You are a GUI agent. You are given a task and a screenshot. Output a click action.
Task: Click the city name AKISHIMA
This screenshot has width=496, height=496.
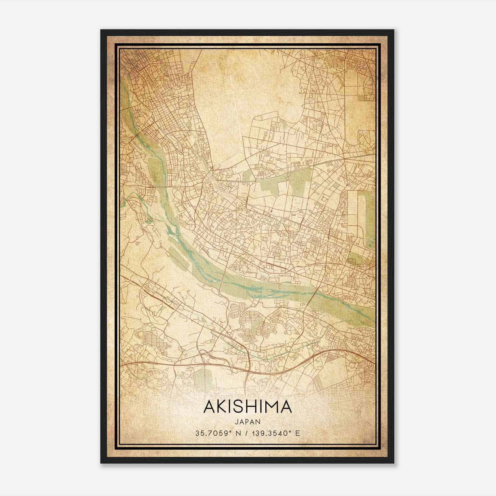click(x=247, y=407)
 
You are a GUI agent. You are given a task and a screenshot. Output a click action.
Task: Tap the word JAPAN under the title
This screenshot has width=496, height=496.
click(x=247, y=422)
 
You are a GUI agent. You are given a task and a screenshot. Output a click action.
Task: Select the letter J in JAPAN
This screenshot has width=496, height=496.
click(x=236, y=422)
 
